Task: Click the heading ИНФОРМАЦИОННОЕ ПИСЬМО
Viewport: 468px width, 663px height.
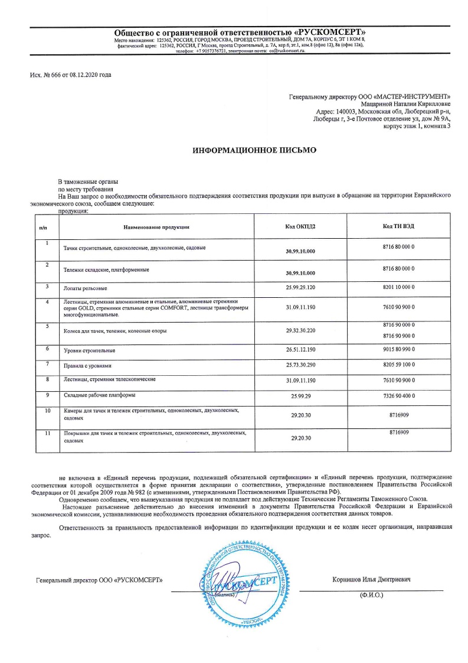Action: coord(254,151)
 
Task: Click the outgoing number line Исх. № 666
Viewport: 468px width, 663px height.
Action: coord(70,75)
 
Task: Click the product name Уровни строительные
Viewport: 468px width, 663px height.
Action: coord(89,351)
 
